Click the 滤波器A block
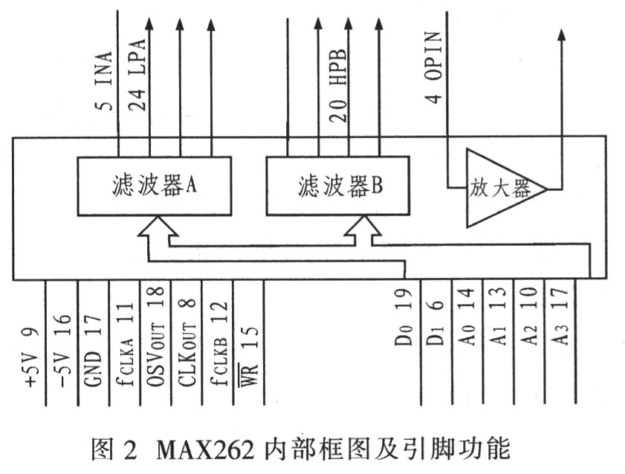coord(153,186)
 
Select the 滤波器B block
coord(338,186)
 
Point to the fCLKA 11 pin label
coord(126,343)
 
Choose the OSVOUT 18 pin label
coord(156,338)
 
